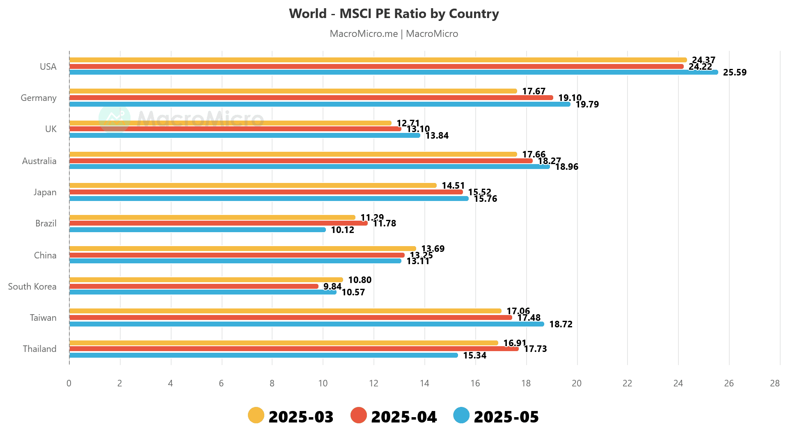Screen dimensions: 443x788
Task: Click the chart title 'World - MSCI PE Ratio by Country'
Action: click(394, 14)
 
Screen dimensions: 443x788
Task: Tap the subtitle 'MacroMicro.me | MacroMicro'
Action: click(394, 34)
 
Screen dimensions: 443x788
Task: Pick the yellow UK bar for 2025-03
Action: click(230, 123)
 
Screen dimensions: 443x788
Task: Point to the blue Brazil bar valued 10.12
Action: click(197, 230)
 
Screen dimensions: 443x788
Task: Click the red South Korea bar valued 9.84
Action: click(193, 286)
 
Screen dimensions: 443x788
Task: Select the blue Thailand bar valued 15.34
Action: click(263, 355)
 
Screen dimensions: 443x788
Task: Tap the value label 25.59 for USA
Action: click(735, 73)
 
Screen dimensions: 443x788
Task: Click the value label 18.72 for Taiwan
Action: click(561, 324)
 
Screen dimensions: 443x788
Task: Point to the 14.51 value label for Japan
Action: click(453, 186)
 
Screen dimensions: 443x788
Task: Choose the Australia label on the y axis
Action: click(39, 161)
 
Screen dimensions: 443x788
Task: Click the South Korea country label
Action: click(32, 286)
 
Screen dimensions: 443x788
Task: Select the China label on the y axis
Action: click(45, 255)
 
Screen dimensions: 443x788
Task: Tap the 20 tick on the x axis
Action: click(577, 384)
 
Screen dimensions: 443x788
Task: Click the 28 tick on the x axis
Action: click(774, 384)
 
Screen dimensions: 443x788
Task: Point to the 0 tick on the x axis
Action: click(69, 384)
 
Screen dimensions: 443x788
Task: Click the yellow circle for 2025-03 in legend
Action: click(256, 416)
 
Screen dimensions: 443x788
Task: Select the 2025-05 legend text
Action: click(506, 417)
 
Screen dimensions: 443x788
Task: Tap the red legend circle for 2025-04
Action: click(359, 416)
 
